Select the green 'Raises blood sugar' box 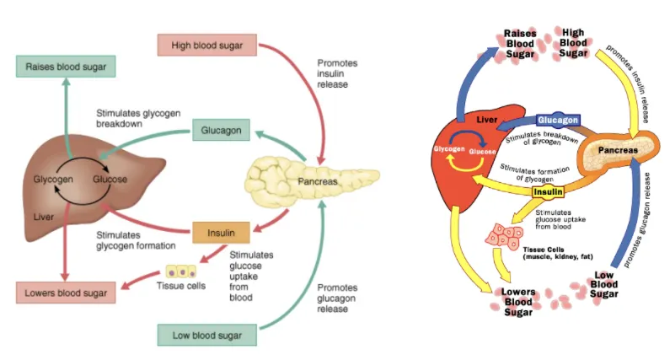65,67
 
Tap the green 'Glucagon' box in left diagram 221,131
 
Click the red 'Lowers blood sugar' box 65,293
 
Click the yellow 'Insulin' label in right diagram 547,191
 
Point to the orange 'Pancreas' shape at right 619,151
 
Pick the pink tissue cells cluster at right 504,236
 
